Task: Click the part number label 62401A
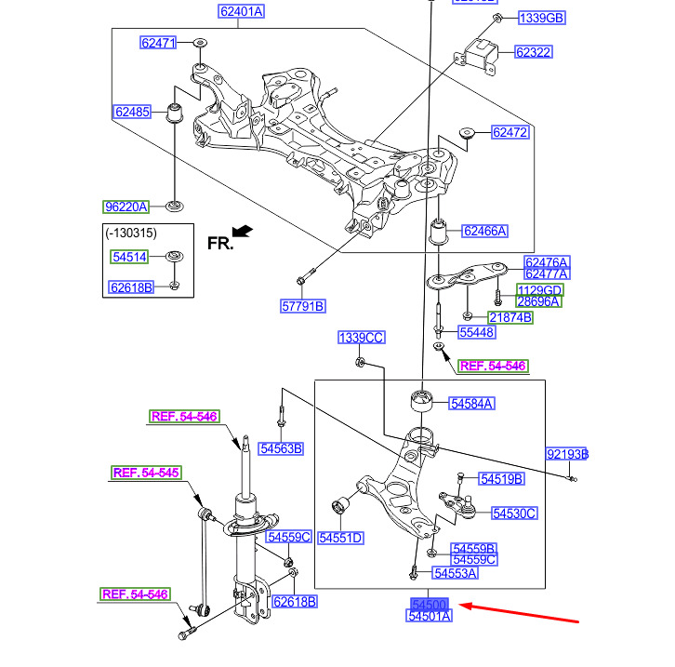[242, 12]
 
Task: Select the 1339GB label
[541, 18]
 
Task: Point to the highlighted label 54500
[429, 605]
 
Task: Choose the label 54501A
[429, 617]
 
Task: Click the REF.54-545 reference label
[145, 474]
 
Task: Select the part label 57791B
[304, 306]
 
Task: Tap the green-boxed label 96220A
[126, 206]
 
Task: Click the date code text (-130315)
[130, 233]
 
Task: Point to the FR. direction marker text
[220, 244]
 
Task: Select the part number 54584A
[471, 404]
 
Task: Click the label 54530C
[514, 514]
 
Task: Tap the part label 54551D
[340, 538]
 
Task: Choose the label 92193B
[567, 455]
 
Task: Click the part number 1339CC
[361, 338]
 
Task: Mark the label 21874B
[510, 317]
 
